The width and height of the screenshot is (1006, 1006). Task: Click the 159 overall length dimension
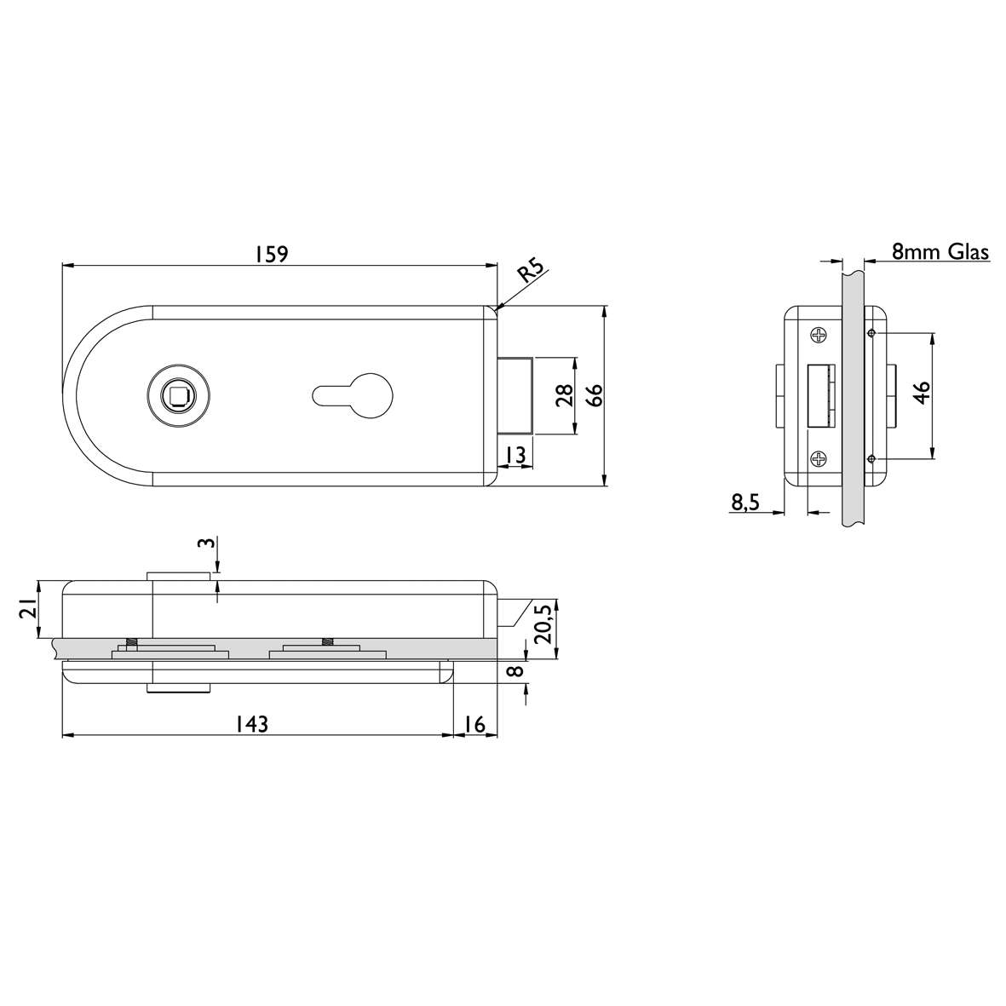click(x=272, y=254)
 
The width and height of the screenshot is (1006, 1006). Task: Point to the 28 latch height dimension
click(x=562, y=396)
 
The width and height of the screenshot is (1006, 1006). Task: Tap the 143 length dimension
click(x=252, y=724)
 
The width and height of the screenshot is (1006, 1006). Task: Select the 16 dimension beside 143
click(x=474, y=724)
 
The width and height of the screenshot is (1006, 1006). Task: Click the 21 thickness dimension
click(x=27, y=608)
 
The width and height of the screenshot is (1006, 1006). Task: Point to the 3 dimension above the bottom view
click(x=203, y=545)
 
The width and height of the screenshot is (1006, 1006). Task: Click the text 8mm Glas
click(x=940, y=252)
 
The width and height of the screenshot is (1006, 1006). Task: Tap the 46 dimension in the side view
click(x=921, y=396)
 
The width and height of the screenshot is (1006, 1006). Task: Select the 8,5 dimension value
click(x=744, y=503)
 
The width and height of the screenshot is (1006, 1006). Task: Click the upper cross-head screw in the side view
click(x=819, y=336)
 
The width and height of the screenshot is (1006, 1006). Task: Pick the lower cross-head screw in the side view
click(x=819, y=459)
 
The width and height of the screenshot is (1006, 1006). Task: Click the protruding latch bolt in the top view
click(x=516, y=396)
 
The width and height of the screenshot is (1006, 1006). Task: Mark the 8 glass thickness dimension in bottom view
click(x=513, y=671)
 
